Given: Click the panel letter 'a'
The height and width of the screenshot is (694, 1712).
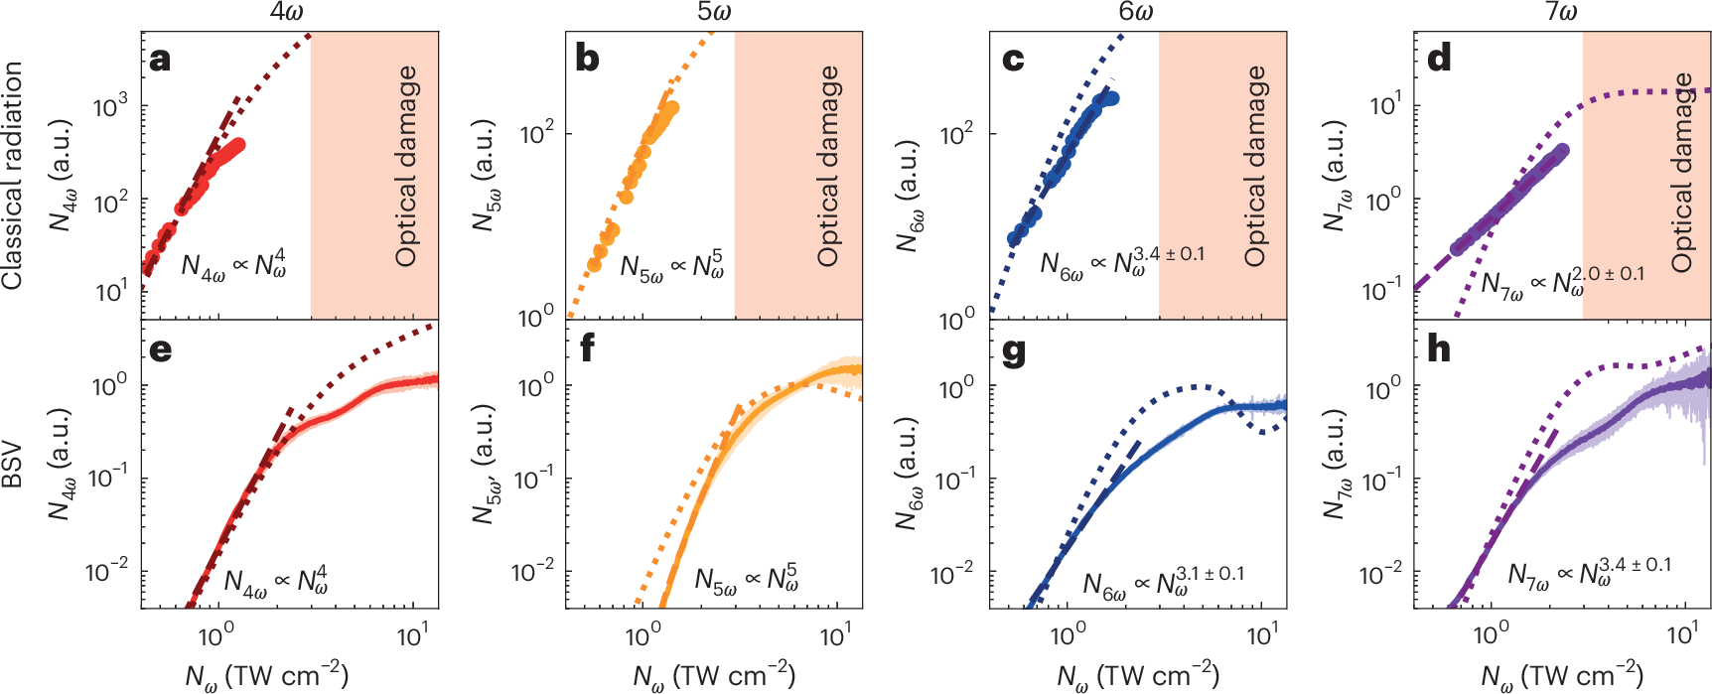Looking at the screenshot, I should point(160,60).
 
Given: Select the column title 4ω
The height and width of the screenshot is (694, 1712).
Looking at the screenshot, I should point(288,12).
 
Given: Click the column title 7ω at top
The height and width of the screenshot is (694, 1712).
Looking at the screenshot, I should point(1561,12).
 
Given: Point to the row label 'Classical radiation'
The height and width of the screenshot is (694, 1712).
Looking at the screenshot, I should point(13,176).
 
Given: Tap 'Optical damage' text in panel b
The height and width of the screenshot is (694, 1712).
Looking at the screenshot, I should point(828,166).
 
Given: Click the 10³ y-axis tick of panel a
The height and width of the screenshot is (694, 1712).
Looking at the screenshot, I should point(111,106).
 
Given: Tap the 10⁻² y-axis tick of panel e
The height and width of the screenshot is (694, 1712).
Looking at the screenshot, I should point(107,571).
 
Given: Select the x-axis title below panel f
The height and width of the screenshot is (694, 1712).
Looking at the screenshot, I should point(714,676).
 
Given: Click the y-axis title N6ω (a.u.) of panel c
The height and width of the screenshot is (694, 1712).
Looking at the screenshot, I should point(907,196).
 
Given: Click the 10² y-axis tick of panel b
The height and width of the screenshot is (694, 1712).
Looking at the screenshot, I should point(537,133).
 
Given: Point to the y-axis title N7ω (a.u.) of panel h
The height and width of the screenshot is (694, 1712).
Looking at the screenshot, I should point(1333,467).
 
